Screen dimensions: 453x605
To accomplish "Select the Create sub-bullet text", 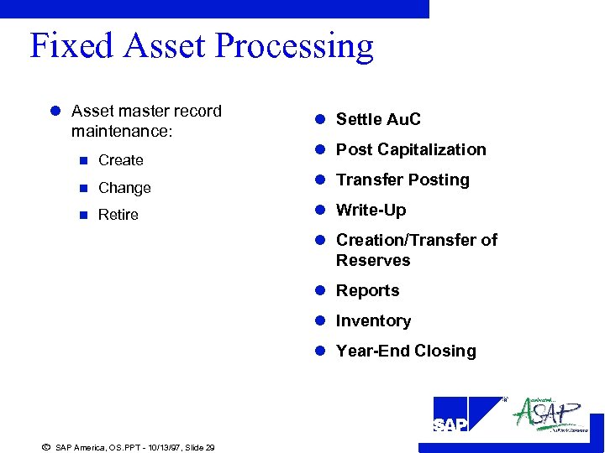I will pyautogui.click(x=120, y=160).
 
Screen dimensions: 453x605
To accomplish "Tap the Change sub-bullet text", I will pyautogui.click(x=124, y=188).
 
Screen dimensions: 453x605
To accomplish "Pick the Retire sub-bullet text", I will pyautogui.click(x=118, y=215).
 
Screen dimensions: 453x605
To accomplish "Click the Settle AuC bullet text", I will pyautogui.click(x=378, y=119).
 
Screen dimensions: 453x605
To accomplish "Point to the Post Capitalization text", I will pyautogui.click(x=410, y=149).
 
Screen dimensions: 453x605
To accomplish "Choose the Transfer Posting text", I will pyautogui.click(x=402, y=180).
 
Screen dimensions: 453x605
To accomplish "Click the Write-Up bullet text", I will pyautogui.click(x=371, y=210).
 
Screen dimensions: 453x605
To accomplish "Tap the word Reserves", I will pyautogui.click(x=373, y=260).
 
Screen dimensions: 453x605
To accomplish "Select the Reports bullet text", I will pyautogui.click(x=367, y=290).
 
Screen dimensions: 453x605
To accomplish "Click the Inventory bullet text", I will pyautogui.click(x=373, y=320).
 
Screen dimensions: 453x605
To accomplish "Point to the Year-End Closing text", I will pyautogui.click(x=405, y=351).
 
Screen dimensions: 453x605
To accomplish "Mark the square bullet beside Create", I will pyautogui.click(x=82, y=160).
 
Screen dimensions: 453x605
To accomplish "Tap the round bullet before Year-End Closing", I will pyautogui.click(x=320, y=351).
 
